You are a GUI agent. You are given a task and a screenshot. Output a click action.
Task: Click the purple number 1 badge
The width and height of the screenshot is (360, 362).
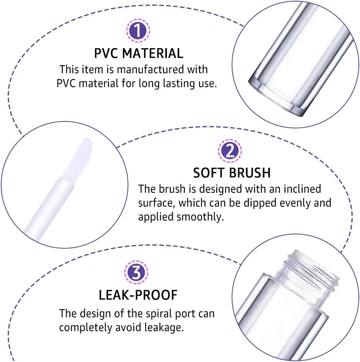[x=138, y=30]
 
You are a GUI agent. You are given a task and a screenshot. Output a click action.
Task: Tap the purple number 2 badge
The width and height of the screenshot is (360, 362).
[x=230, y=151]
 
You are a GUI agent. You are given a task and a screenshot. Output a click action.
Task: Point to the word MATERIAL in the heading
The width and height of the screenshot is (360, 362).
[x=153, y=53]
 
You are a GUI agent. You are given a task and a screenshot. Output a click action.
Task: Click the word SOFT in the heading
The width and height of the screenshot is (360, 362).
[x=209, y=173]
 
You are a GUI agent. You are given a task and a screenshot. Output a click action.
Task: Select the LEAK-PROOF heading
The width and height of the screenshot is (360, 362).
[x=138, y=295]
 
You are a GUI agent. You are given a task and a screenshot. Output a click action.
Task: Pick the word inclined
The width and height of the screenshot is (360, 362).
[x=302, y=189]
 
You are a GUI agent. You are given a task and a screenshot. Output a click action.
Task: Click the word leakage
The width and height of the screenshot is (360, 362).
[x=164, y=328]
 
